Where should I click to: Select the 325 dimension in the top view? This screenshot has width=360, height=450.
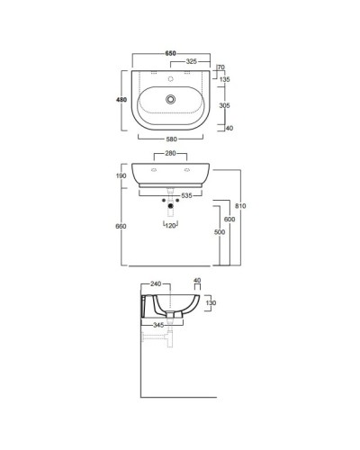(x=191, y=61)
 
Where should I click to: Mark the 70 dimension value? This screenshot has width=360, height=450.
(x=222, y=67)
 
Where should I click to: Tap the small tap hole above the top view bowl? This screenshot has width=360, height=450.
(x=171, y=75)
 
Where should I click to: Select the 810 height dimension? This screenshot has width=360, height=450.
(x=242, y=207)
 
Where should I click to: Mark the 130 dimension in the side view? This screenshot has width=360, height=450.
(x=211, y=304)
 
